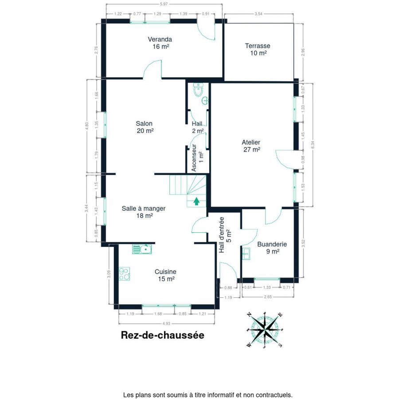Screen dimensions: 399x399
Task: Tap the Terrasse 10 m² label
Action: (x=258, y=49)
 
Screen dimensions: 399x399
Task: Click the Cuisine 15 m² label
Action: (x=166, y=275)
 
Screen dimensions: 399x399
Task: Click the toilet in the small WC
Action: (x=198, y=90)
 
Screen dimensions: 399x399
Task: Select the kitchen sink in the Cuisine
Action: (x=142, y=249)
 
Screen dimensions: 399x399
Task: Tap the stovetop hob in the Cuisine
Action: (x=125, y=274)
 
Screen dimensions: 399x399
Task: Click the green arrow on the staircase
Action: (x=196, y=201)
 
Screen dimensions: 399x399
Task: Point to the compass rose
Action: (x=265, y=330)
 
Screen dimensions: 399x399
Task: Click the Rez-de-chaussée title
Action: (x=162, y=335)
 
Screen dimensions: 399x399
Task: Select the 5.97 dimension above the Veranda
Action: (x=164, y=4)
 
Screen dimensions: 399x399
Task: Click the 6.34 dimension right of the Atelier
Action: (x=313, y=145)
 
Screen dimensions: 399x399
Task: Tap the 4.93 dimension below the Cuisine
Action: (x=166, y=324)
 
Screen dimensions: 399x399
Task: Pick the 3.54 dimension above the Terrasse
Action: (x=258, y=14)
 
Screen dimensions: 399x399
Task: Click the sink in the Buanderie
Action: (x=246, y=254)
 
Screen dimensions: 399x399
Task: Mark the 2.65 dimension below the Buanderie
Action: (x=268, y=297)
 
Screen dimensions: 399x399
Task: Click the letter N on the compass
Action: (x=250, y=314)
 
